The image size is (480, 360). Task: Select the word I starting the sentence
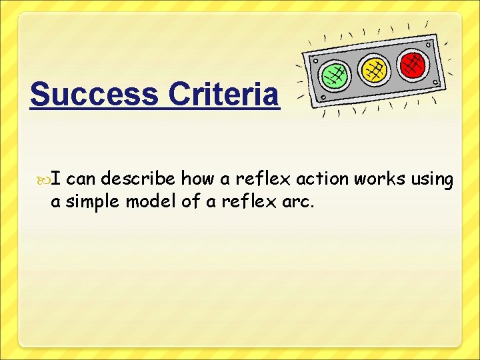click(x=57, y=179)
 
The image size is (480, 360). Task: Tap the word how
click(x=197, y=180)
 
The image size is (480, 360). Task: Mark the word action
click(x=324, y=180)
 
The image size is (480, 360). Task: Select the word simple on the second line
click(x=91, y=202)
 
